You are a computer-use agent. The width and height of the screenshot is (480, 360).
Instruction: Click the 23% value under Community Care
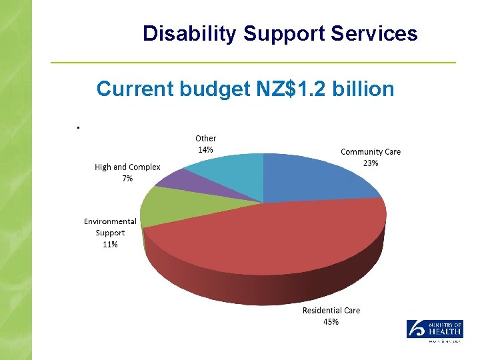[x=371, y=163]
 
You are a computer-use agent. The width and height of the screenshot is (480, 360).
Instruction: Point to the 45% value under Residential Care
[x=331, y=321]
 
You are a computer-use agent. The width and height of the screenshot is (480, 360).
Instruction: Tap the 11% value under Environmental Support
[x=110, y=244]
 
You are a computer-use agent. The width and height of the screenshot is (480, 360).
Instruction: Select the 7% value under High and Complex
[x=127, y=179]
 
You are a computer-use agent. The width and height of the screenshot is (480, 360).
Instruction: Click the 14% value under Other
[x=205, y=149]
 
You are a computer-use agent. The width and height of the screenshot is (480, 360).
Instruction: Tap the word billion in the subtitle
[x=366, y=88]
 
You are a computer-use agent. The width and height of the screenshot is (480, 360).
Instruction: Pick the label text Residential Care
[x=331, y=310]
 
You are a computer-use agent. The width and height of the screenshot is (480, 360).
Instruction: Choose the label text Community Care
[x=371, y=151]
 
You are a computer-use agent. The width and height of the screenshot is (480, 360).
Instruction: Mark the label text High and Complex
[x=127, y=167]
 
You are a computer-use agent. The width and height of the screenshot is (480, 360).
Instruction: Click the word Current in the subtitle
[x=135, y=88]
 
